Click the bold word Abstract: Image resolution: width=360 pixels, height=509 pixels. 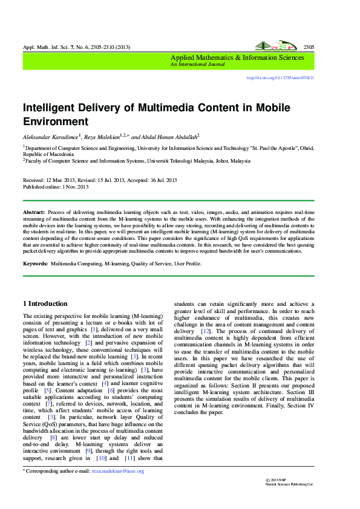coord(34,213)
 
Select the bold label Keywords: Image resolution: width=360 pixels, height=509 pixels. coord(35,264)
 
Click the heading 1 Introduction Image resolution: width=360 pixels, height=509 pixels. coord(45,303)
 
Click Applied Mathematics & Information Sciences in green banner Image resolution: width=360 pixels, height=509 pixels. coord(237,57)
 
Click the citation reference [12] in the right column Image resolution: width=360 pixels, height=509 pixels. coord(206,332)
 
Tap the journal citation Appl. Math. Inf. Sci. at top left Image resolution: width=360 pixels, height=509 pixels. coord(45,48)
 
